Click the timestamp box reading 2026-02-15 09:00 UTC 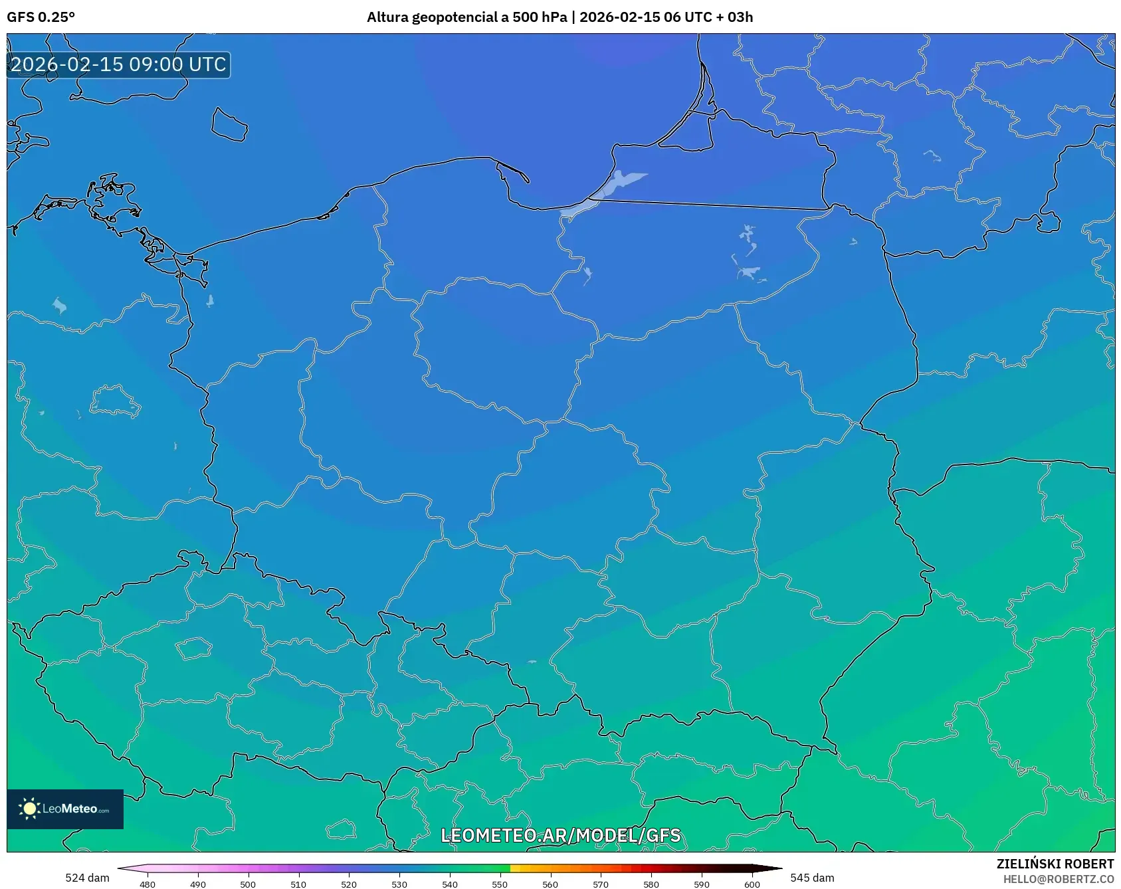pyautogui.click(x=118, y=64)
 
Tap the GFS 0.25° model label pyautogui.click(x=41, y=17)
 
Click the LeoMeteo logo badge pyautogui.click(x=65, y=809)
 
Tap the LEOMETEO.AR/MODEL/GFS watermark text pyautogui.click(x=560, y=835)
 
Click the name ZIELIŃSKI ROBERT pyautogui.click(x=1055, y=864)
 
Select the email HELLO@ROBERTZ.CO pyautogui.click(x=1058, y=879)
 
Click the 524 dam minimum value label pyautogui.click(x=87, y=878)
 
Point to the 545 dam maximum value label pyautogui.click(x=812, y=878)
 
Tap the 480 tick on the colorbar pyautogui.click(x=148, y=884)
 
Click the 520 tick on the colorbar pyautogui.click(x=349, y=884)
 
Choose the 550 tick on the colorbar pyautogui.click(x=500, y=884)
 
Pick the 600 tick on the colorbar pyautogui.click(x=752, y=884)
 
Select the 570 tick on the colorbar pyautogui.click(x=601, y=884)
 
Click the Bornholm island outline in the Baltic pyautogui.click(x=229, y=125)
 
